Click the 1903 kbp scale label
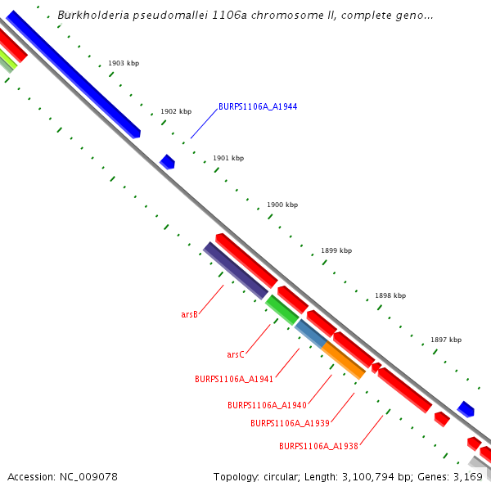tap(124, 63)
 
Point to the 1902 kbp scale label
tap(176, 111)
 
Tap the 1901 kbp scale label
tap(228, 158)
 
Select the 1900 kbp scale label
tap(282, 205)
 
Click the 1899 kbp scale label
tap(336, 250)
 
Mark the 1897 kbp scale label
tap(446, 340)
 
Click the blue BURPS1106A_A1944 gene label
tap(258, 107)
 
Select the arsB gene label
tap(189, 314)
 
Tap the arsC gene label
tap(236, 354)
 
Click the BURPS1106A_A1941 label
tap(234, 379)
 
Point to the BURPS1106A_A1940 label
tap(267, 405)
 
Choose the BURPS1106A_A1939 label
tap(290, 423)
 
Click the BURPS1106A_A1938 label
tap(318, 446)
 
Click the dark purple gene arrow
tap(236, 271)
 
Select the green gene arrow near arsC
tap(282, 309)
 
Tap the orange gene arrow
tap(343, 360)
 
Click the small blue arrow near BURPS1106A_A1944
tap(167, 161)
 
